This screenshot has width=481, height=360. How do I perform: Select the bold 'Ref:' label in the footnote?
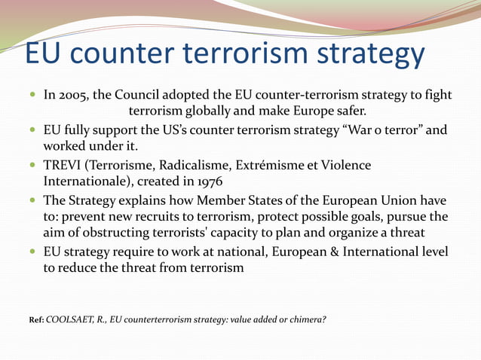tap(35, 320)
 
